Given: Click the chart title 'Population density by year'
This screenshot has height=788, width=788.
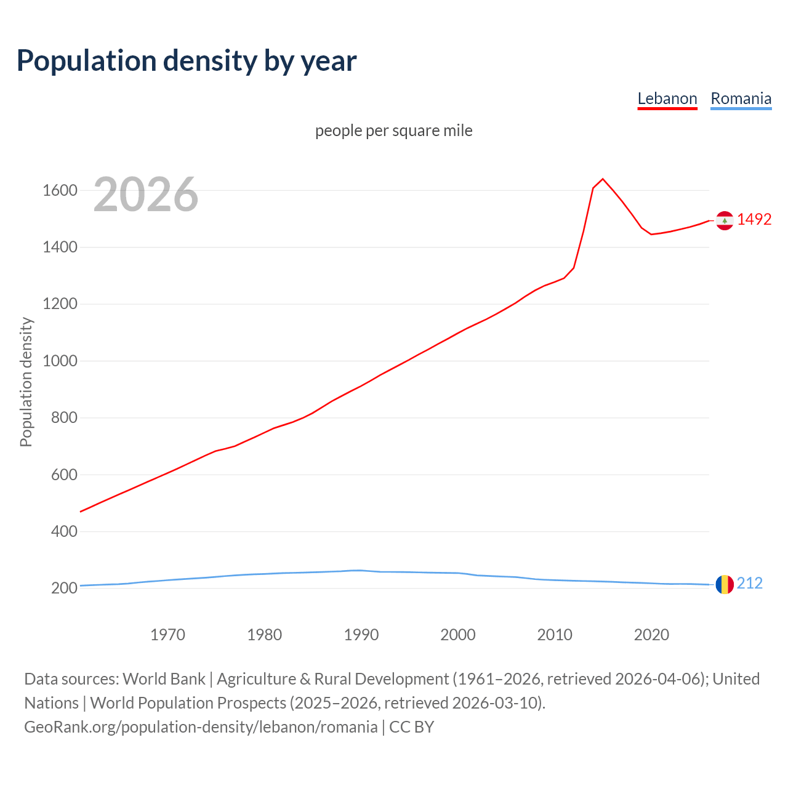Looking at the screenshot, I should coord(187,61).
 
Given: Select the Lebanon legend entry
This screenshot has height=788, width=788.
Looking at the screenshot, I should coord(667,98).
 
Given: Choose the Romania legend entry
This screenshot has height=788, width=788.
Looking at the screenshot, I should coord(741,98).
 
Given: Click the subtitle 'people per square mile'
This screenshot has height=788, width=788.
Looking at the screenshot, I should coord(393,131).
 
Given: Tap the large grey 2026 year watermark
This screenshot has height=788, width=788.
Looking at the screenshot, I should coord(146,195).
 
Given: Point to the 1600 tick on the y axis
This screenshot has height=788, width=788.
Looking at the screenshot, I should coord(60,190).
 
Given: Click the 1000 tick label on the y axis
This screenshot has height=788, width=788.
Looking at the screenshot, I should coord(60,361).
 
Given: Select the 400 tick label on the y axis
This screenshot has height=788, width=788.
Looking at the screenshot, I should coord(64,531).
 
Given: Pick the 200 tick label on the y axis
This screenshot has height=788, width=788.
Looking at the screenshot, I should coord(64,588).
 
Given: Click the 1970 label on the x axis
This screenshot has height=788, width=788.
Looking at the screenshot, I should coord(167,635).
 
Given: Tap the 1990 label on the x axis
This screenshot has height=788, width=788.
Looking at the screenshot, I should coord(361,635).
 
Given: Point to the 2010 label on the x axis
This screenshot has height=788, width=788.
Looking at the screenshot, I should coord(555,635).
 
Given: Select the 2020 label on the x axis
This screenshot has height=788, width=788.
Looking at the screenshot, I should coord(651,635).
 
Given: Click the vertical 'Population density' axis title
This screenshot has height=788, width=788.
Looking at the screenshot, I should coord(26,382).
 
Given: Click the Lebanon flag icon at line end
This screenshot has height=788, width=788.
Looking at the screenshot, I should coord(725,220).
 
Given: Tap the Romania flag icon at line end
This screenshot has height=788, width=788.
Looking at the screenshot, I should coord(725,584).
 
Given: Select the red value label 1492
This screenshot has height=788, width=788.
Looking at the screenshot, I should coord(754,220).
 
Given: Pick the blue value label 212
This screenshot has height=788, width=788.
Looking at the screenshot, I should coord(750,584).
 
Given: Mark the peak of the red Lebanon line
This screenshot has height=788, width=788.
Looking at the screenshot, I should coord(603,179).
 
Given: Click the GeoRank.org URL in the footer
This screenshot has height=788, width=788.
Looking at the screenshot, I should coord(201,727).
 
